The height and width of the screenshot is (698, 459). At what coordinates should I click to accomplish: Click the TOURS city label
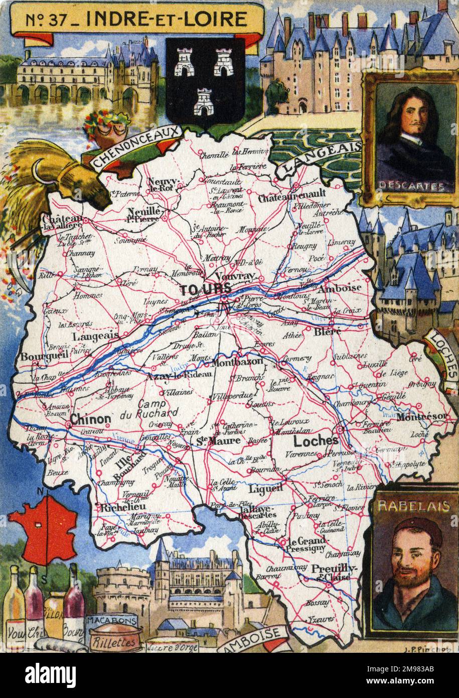tap(206, 289)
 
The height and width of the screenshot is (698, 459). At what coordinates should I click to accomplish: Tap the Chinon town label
tap(91, 419)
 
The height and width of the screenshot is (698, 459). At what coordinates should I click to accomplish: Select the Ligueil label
tap(266, 488)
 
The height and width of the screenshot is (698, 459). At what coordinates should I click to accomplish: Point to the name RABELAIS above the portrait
tap(414, 506)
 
